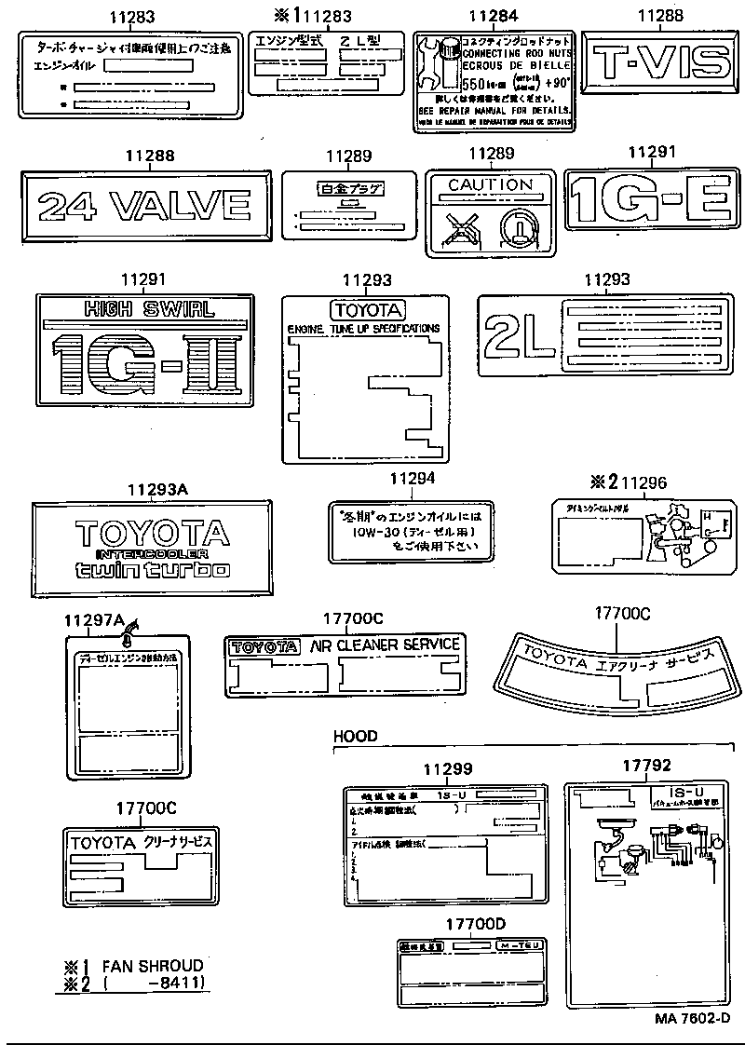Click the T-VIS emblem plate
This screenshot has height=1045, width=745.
(662, 62)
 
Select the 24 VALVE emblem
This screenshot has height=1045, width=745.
(145, 202)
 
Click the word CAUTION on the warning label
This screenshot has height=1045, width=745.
(490, 184)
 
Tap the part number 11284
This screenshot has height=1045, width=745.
(491, 16)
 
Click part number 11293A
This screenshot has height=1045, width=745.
(157, 488)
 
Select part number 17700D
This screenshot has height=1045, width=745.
(475, 923)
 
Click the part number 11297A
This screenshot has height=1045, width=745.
(94, 621)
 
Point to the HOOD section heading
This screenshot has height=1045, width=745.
(356, 736)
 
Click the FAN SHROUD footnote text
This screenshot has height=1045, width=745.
(153, 966)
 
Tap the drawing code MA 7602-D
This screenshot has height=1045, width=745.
(691, 1018)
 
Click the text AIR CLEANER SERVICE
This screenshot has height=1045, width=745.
(385, 645)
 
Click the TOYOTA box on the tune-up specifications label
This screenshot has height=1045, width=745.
(366, 310)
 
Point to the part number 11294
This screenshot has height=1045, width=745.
(413, 479)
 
